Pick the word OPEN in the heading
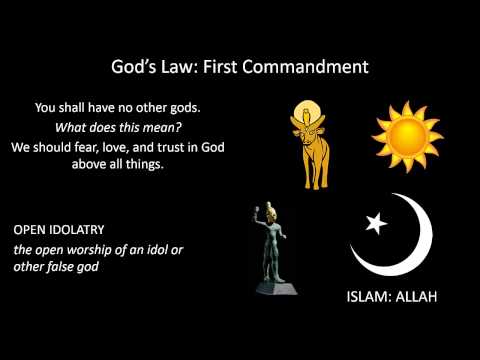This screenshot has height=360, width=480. [30, 227]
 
